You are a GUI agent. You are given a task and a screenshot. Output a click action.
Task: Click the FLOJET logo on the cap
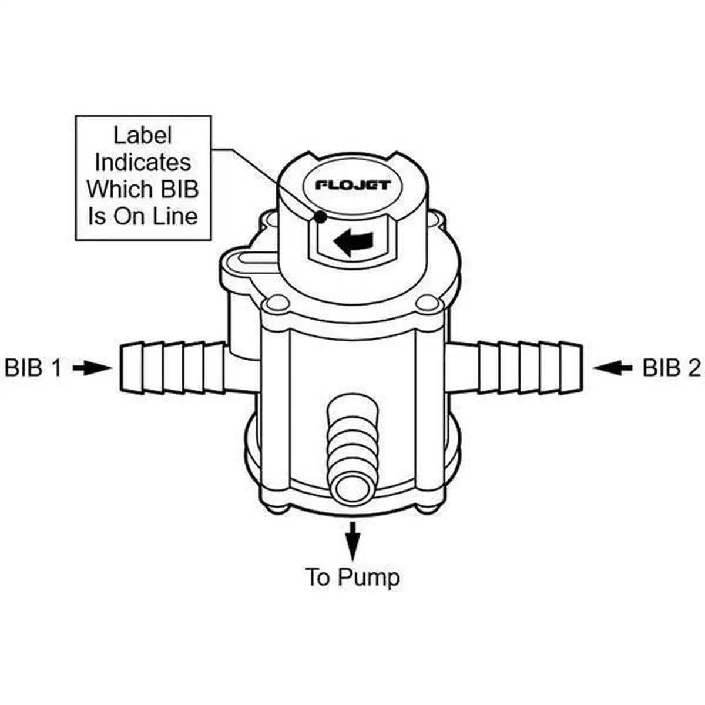pos(353,185)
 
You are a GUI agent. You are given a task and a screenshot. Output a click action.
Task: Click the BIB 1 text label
pos(33,368)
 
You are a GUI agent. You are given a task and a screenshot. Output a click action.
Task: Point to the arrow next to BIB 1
pos(92,368)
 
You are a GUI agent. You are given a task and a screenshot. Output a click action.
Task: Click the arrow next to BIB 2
pos(612,368)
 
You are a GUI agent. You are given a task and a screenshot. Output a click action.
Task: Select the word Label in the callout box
pos(143,135)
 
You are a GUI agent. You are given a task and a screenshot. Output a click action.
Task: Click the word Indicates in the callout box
pos(143,162)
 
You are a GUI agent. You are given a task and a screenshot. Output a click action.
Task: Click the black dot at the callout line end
pos(320,217)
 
